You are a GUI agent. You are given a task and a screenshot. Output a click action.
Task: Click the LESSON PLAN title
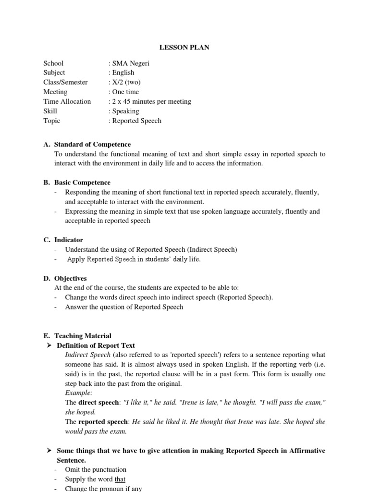pos(184,48)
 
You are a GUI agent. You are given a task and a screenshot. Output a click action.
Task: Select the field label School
pos(53,63)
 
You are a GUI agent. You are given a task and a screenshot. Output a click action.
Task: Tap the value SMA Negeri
pos(130,63)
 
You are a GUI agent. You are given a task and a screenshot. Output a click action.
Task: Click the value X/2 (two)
pos(126,82)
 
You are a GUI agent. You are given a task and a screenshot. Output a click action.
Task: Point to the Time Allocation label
pos(67,101)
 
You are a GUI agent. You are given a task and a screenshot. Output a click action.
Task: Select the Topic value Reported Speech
pos(136,121)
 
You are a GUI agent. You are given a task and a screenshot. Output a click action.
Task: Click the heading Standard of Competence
pos(92,144)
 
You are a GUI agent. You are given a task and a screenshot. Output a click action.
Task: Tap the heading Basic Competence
pos(82,183)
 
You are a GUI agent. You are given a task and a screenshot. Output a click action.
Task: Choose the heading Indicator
pos(69,240)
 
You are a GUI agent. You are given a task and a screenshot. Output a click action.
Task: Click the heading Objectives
pos(71,278)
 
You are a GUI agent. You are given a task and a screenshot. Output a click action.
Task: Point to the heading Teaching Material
pos(83,336)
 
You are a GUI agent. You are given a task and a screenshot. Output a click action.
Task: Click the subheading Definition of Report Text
pos(96,345)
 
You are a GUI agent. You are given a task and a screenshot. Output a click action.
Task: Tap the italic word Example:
pos(79,393)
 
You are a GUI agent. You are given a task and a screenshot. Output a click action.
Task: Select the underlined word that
pos(120,479)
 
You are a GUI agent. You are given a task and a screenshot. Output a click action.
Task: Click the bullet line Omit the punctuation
pos(96,469)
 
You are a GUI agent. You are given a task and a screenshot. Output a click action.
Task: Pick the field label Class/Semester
pos(65,82)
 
